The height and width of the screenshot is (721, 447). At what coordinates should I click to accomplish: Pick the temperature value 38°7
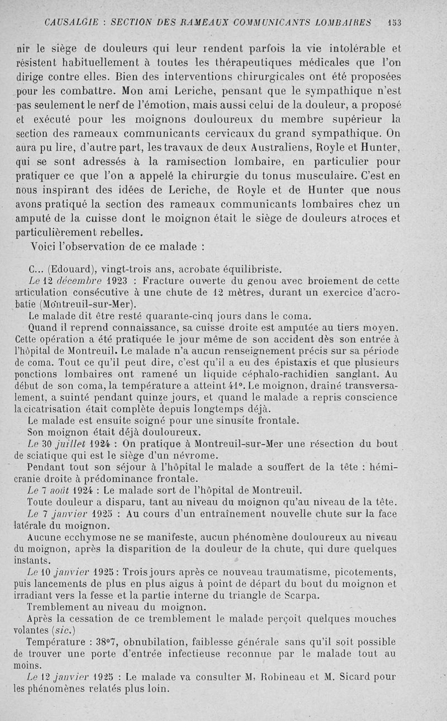coord(104,642)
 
